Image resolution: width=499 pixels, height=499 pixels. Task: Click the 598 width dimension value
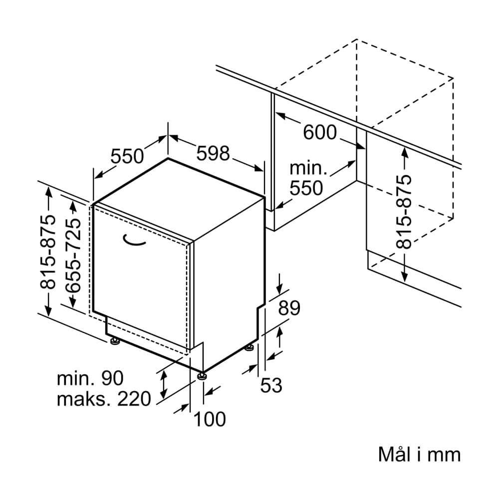(213, 153)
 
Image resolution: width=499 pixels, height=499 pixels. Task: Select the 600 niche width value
(319, 132)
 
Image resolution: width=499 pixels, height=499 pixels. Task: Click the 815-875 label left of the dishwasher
(48, 252)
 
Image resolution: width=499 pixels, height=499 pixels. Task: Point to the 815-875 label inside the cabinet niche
(404, 212)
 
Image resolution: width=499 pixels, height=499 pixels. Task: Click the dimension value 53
(271, 385)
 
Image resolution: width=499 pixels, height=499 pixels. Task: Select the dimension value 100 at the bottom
(210, 419)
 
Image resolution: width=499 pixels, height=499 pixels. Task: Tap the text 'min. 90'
(90, 378)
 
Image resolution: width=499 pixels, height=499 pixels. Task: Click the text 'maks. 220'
(104, 399)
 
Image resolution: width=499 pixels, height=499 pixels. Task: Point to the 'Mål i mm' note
(420, 454)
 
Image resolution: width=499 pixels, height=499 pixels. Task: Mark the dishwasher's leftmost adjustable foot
(115, 341)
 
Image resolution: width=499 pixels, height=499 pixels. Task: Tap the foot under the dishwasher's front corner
(202, 376)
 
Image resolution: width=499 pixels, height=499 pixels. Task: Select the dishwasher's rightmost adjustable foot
(249, 347)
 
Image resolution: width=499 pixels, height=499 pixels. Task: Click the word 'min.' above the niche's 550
(308, 168)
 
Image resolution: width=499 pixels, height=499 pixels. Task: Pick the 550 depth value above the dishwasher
(127, 156)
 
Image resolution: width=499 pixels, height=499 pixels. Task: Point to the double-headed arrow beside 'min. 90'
(164, 384)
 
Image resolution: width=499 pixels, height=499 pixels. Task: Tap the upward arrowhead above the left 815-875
(48, 192)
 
